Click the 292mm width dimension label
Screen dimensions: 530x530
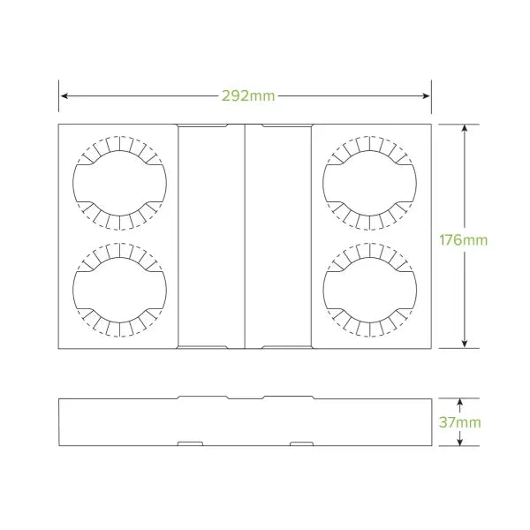tap(245, 95)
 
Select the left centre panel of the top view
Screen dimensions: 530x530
tap(211, 236)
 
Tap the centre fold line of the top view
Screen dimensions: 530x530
tap(245, 236)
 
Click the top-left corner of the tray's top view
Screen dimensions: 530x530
tap(59, 125)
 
